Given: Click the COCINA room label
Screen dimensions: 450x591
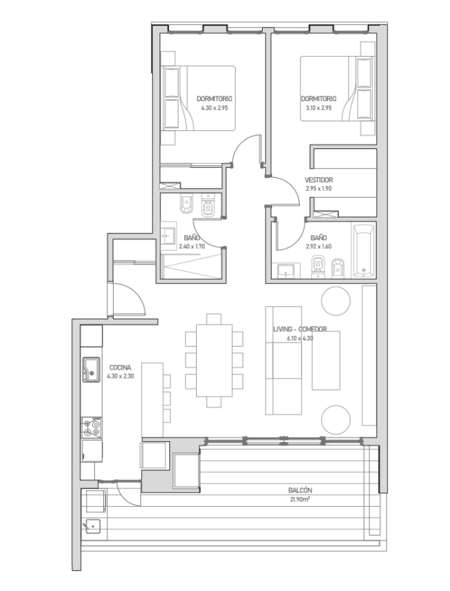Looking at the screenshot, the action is point(120,368).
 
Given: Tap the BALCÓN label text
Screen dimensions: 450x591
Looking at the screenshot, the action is point(300,490).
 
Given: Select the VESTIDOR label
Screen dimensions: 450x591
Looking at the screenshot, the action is point(319,179).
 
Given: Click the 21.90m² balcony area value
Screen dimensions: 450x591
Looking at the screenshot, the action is point(300,499).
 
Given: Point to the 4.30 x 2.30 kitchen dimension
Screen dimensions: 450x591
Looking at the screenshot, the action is point(120,376).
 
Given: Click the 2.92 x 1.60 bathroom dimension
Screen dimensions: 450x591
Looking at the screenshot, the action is point(319,246).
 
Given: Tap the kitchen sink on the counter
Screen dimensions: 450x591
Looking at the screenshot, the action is point(92,370).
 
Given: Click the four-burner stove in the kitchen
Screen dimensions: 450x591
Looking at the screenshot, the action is point(92,428).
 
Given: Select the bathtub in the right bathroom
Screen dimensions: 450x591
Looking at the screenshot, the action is point(364,250).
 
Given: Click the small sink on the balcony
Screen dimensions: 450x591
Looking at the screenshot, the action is point(92,526).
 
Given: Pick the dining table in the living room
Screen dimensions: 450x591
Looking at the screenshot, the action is point(214,360).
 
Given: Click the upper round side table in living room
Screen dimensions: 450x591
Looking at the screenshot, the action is point(336,301).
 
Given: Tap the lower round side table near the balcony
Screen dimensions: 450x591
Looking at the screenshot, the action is point(336,420).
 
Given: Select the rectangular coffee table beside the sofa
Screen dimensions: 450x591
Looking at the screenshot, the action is point(326,360).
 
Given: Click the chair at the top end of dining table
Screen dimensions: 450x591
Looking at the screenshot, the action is point(214,319).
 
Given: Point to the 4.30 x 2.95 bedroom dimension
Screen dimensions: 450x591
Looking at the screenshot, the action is point(214,108).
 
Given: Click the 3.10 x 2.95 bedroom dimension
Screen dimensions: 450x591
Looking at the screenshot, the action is point(319,108).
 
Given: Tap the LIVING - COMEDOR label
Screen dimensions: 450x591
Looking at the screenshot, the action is point(300,329).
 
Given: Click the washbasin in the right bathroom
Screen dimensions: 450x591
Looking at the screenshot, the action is point(288,271).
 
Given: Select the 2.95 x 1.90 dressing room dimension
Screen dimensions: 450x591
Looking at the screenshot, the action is point(319,188).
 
